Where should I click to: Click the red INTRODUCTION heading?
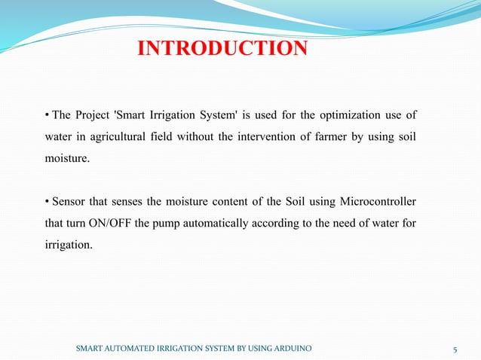coord(222,50)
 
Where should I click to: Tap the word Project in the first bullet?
coord(93,115)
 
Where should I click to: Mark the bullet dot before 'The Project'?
coord(47,115)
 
